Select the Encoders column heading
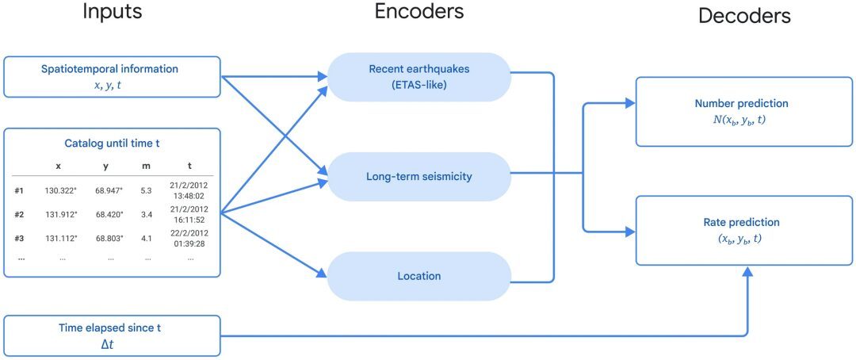coord(418,11)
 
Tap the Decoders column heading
coord(744,16)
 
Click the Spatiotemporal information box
coord(112,76)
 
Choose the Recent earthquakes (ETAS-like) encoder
coord(418,77)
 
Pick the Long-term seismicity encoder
coord(418,176)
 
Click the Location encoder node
coord(418,276)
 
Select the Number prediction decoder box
coord(743,112)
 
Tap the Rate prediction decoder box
coord(743,231)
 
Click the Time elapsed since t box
coord(112,335)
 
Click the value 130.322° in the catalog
coord(59,191)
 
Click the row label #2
coord(20,214)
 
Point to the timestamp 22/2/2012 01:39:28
coord(189,237)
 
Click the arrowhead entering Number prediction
coord(630,103)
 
